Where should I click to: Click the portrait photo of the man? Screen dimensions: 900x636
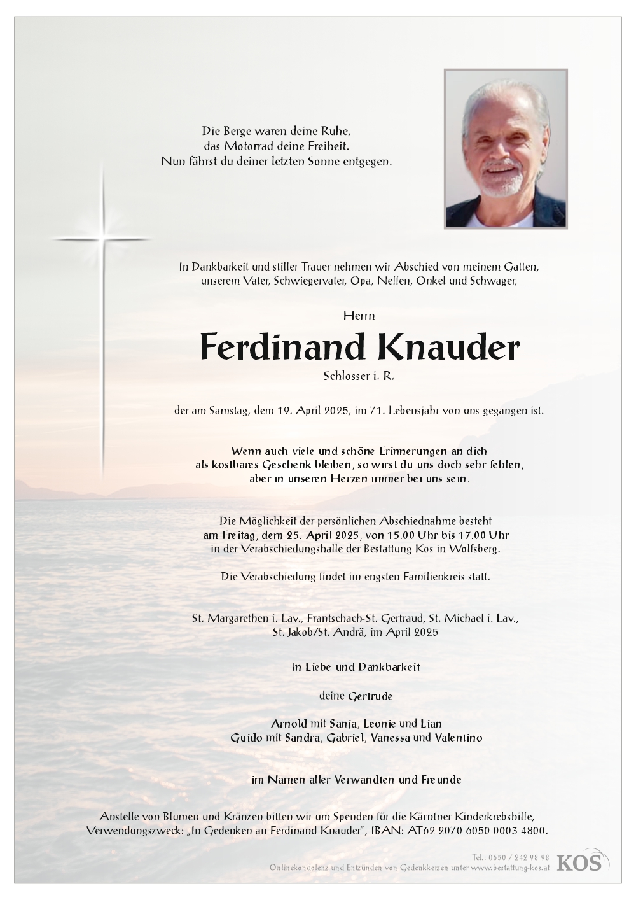[506, 148]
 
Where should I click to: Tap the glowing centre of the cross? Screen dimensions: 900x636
[102, 239]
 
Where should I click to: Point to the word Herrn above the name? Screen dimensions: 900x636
[359, 315]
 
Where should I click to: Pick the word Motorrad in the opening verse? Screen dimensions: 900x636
[260, 146]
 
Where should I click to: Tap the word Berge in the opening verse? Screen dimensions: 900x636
[242, 132]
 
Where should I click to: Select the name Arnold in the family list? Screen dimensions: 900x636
[288, 724]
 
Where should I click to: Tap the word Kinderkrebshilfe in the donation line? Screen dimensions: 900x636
[495, 817]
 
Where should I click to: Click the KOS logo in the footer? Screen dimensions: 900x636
[581, 862]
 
